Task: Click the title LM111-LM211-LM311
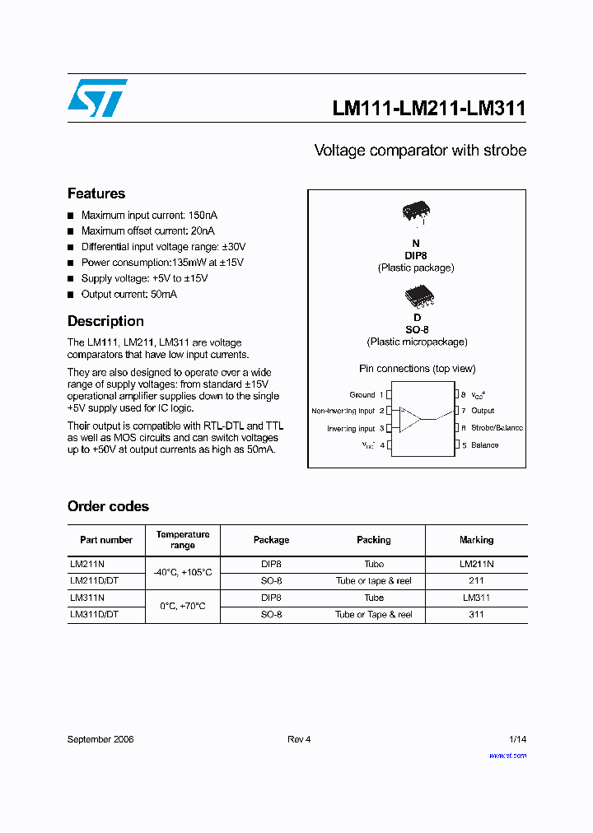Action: (428, 108)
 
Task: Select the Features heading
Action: (96, 193)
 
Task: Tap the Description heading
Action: (105, 321)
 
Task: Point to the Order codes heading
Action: (108, 506)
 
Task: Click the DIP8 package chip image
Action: (416, 212)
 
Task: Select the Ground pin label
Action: (362, 395)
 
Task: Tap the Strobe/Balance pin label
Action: (497, 428)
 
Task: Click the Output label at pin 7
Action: (483, 411)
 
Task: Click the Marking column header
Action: (476, 540)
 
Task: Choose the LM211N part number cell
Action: (86, 565)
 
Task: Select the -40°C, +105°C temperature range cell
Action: (183, 572)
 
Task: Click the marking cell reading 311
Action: (476, 615)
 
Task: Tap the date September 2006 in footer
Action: (100, 739)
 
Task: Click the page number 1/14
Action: (517, 739)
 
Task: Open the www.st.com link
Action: (507, 755)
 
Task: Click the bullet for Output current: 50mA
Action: (71, 295)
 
